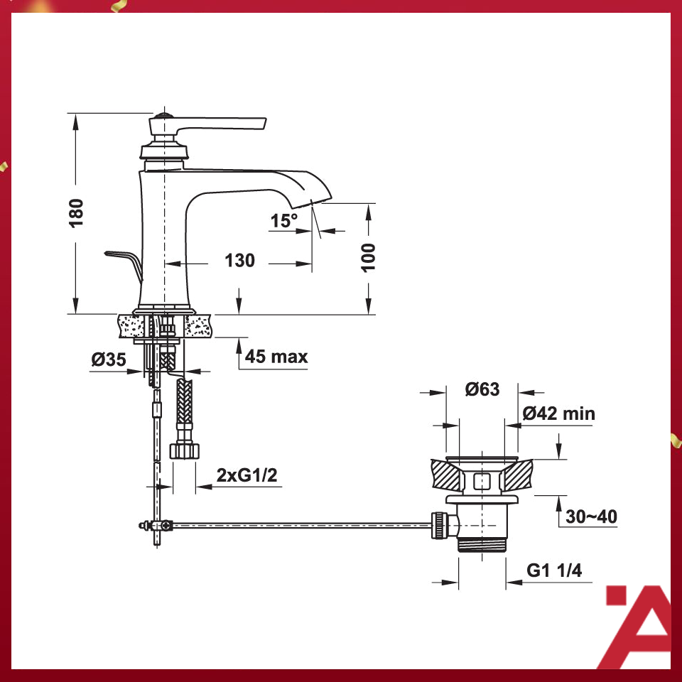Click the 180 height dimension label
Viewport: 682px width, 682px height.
[x=77, y=212]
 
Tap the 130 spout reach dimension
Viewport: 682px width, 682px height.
[x=239, y=261]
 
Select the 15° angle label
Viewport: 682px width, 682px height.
[x=283, y=221]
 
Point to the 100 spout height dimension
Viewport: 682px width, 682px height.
[x=368, y=257]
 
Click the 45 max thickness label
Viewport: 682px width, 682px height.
[x=276, y=356]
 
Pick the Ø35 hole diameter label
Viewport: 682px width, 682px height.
[x=108, y=360]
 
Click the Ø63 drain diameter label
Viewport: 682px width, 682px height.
[x=482, y=389]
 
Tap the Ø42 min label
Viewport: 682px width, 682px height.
[x=559, y=413]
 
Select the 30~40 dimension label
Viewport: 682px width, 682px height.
[x=591, y=516]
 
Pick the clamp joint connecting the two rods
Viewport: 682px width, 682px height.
[x=156, y=526]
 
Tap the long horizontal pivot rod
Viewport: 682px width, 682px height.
[x=298, y=526]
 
